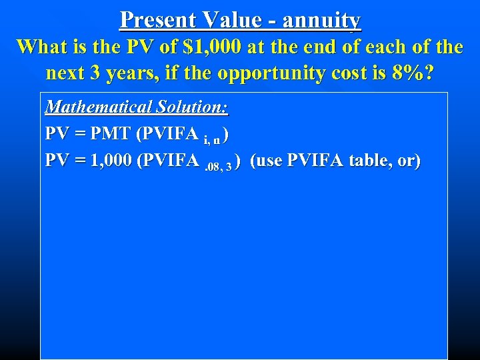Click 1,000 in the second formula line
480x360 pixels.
[x=110, y=161]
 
